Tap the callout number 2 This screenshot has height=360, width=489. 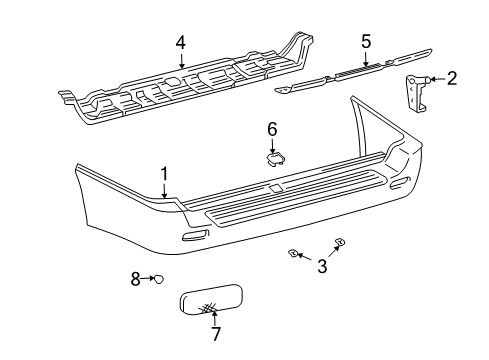point(452,78)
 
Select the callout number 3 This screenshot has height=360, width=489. point(321,266)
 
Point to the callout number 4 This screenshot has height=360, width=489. point(181,42)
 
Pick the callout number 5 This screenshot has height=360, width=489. point(366,41)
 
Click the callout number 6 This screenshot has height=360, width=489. point(272,128)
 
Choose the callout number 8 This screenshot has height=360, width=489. point(136,279)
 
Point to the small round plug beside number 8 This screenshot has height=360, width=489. point(159,279)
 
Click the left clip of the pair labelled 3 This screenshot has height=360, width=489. point(295,254)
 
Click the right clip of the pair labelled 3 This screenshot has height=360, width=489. point(339,242)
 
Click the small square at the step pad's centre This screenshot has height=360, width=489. point(276,188)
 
